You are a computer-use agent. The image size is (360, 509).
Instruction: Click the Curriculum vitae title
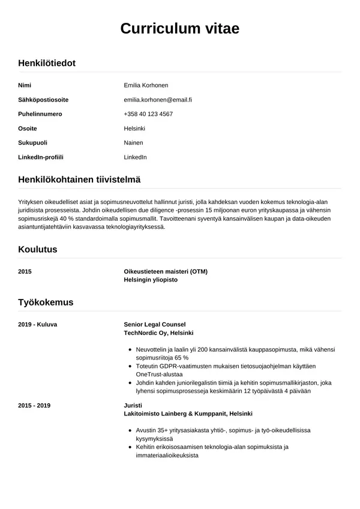(179, 28)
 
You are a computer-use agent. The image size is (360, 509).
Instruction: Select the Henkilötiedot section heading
(47, 62)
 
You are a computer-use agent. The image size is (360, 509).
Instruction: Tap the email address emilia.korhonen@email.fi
(162, 100)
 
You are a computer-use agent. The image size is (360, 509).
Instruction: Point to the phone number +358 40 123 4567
(148, 114)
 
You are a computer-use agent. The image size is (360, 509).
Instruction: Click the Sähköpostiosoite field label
(43, 100)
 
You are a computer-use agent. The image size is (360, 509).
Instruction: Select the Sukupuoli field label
(33, 143)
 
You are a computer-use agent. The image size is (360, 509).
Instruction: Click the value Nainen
(133, 143)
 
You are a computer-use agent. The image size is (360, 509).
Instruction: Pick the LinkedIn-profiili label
(41, 157)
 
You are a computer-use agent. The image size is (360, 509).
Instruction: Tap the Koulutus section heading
(38, 249)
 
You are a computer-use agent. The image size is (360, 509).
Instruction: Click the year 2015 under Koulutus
(25, 271)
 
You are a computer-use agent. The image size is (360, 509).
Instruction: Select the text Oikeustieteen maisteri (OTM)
(166, 271)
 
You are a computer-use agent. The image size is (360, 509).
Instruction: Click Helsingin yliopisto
(151, 280)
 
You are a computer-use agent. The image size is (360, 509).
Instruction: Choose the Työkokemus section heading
(46, 302)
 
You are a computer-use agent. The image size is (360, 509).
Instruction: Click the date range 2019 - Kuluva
(38, 324)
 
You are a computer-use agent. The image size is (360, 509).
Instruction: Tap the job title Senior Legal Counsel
(155, 324)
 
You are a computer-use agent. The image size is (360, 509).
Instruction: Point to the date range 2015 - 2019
(35, 405)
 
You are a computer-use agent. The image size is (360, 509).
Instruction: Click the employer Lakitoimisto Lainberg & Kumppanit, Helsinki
(188, 414)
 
